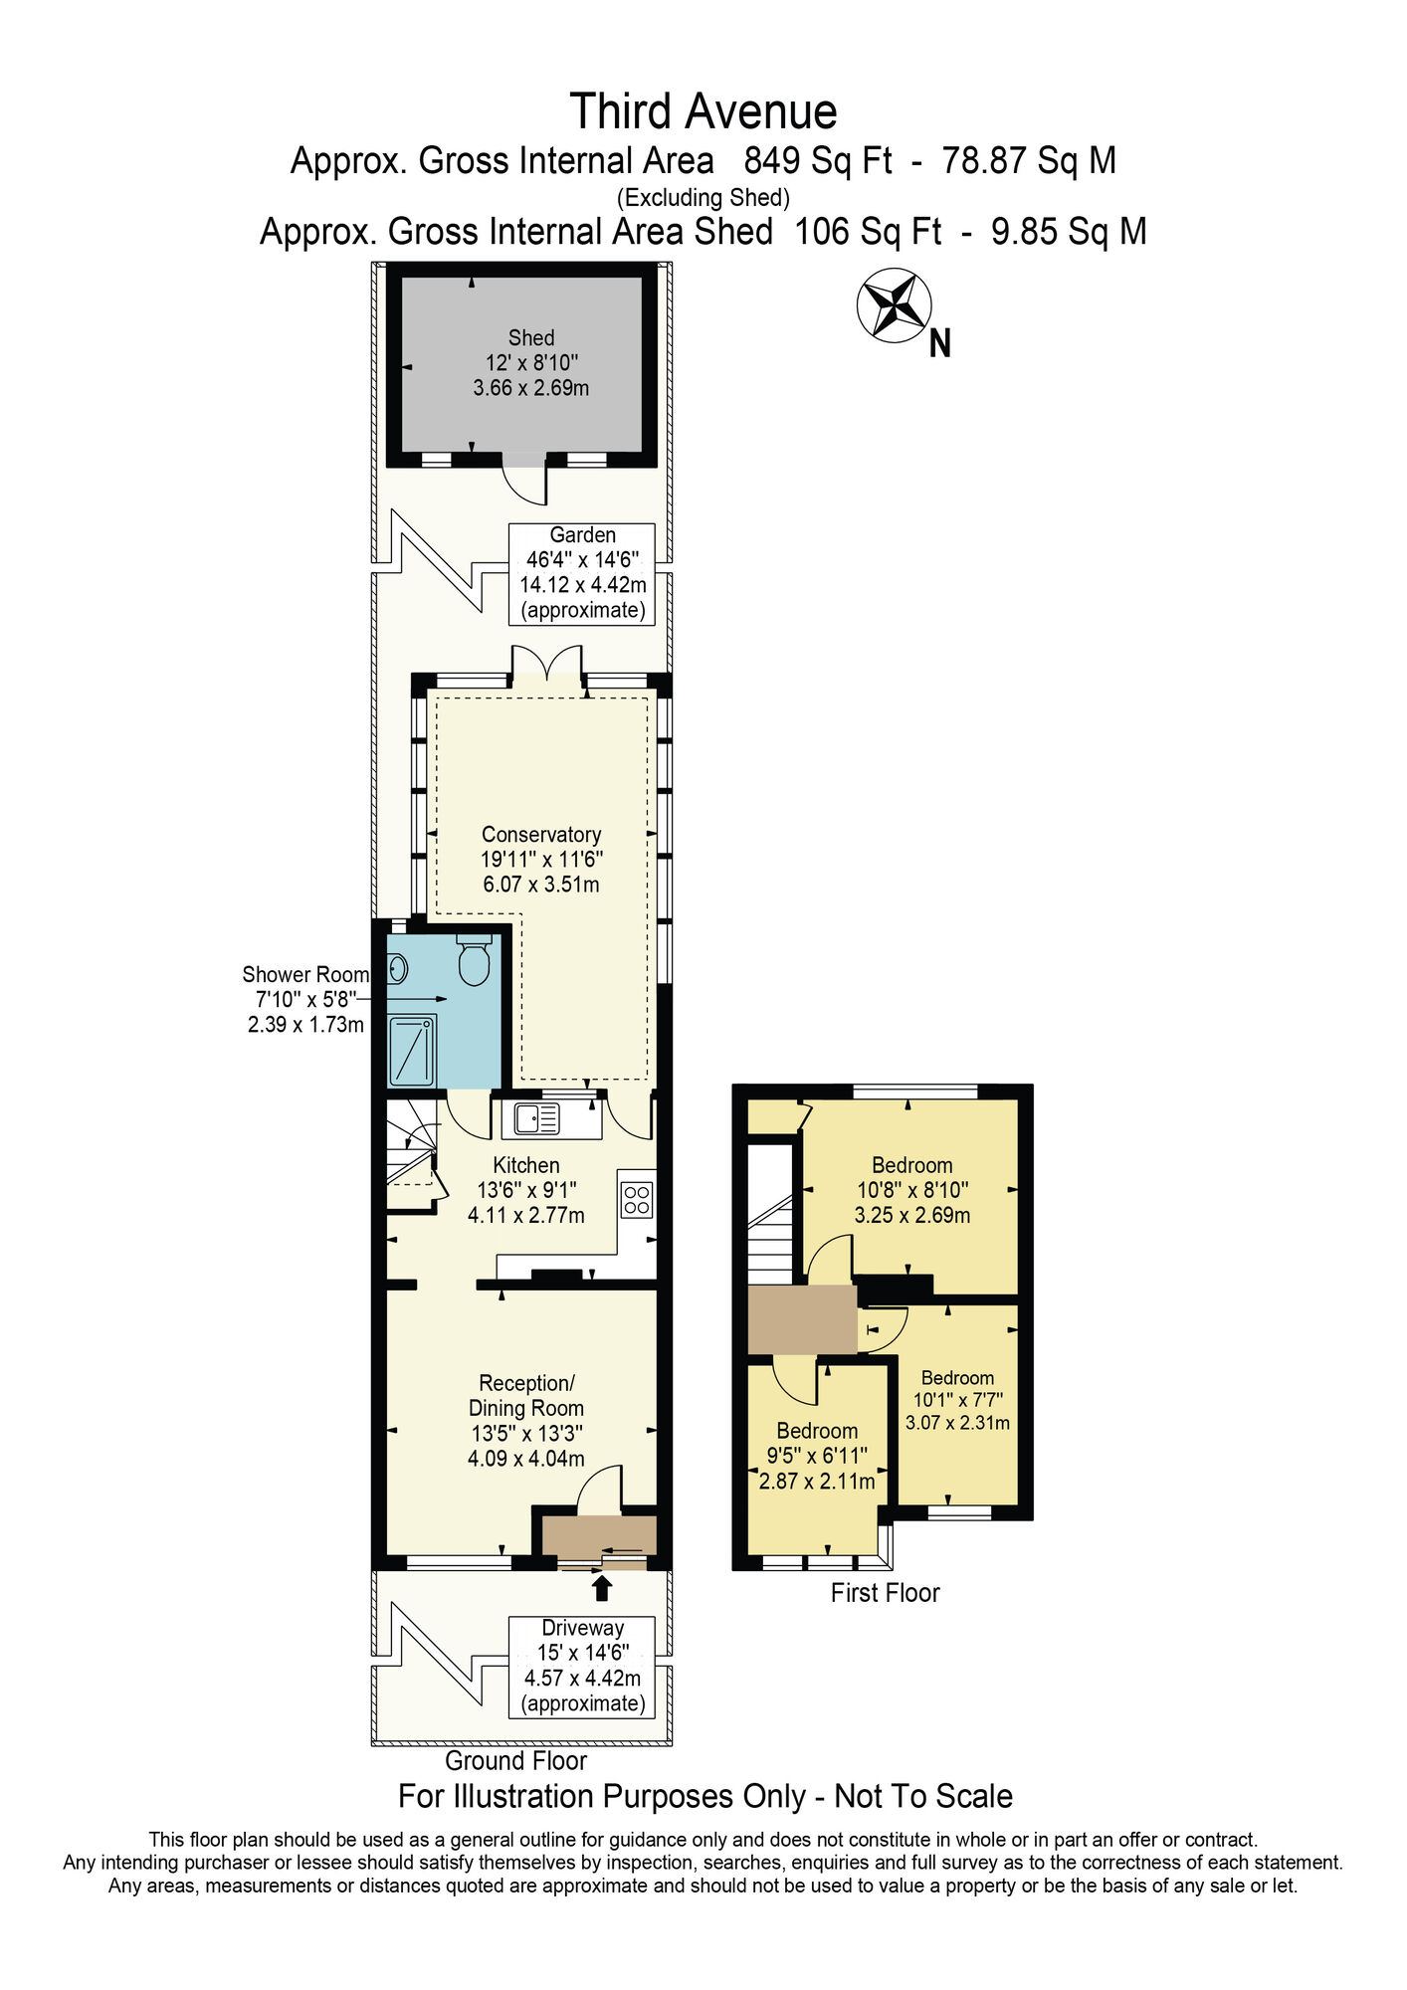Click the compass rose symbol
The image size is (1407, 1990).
(894, 304)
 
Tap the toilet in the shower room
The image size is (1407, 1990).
(474, 960)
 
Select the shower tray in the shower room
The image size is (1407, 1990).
(412, 1050)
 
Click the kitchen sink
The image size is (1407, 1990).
(536, 1118)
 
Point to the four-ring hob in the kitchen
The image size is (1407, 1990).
(637, 1199)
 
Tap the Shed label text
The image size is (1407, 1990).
(531, 338)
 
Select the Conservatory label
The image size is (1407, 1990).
(541, 835)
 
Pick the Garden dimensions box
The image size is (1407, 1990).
(582, 573)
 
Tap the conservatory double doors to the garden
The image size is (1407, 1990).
(546, 664)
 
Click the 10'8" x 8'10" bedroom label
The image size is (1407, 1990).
(912, 1189)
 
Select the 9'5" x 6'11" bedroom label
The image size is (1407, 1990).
(817, 1455)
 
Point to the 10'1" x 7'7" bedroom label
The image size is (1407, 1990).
(957, 1400)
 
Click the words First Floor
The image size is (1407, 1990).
(885, 1593)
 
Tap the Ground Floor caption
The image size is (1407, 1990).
(515, 1760)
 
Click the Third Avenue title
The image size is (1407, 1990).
(703, 111)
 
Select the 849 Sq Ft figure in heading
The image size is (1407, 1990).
(818, 161)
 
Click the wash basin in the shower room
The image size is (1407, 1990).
(397, 967)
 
